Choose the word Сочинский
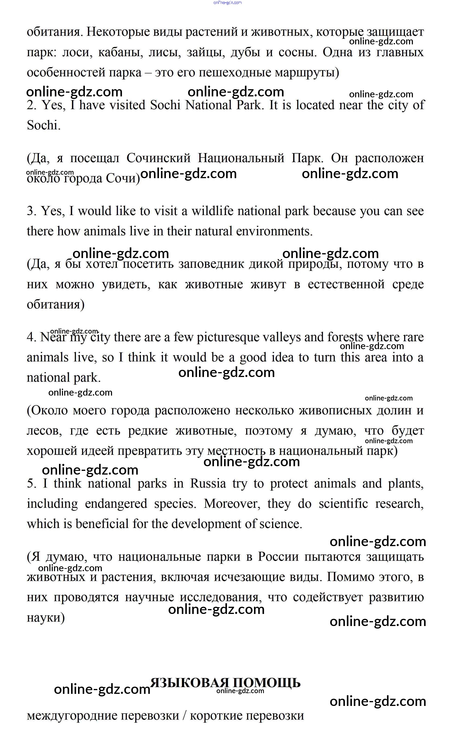click(x=158, y=158)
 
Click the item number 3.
click(x=31, y=211)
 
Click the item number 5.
click(x=31, y=484)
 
